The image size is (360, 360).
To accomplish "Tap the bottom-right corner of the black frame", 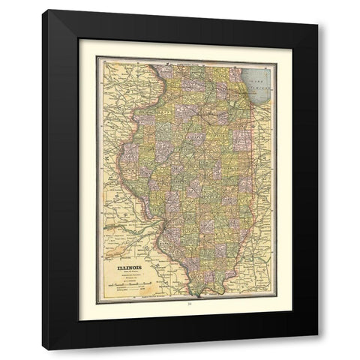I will [x=317, y=349].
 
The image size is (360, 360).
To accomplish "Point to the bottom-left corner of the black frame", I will [x=43, y=349].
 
